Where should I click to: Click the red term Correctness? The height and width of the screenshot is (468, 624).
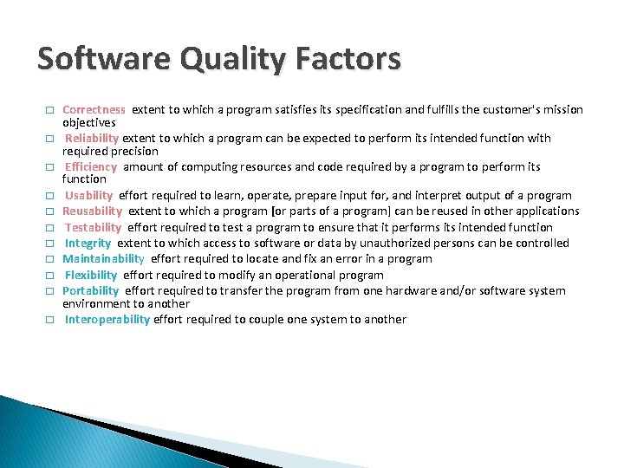click(94, 110)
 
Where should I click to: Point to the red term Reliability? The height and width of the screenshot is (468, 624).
click(93, 138)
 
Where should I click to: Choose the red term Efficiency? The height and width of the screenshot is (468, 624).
click(91, 166)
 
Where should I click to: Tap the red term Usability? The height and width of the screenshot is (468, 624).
click(89, 195)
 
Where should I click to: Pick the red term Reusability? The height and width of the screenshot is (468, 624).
click(92, 211)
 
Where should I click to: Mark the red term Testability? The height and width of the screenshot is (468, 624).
click(94, 227)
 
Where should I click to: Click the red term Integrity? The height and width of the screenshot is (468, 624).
click(88, 243)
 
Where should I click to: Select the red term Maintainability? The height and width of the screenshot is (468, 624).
click(103, 258)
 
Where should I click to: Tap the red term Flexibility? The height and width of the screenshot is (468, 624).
click(91, 275)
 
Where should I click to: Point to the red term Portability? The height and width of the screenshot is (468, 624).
click(90, 290)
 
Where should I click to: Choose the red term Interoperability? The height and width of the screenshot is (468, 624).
click(107, 319)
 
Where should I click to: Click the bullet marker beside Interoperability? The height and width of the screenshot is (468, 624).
click(50, 320)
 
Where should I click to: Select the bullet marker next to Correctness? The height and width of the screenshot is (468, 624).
click(50, 111)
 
